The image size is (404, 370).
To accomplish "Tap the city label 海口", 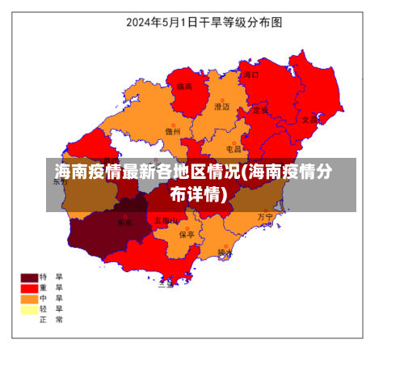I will (251, 74).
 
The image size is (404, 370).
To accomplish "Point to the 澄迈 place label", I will (221, 106).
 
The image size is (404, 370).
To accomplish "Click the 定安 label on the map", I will (260, 110).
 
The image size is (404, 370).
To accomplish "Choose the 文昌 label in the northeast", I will (310, 119).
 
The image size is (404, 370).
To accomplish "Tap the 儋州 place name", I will (172, 131).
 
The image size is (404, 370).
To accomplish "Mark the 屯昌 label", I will (233, 149).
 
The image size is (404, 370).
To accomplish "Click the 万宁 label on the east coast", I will (265, 217).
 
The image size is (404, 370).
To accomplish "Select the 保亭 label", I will (187, 235).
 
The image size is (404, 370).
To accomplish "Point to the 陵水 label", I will (225, 253).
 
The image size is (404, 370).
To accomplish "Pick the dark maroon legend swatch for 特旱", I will (31, 277).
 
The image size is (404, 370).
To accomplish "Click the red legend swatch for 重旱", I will (31, 287).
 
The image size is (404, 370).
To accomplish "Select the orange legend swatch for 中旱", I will (31, 298).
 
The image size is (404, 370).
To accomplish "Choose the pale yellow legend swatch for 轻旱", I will (31, 308).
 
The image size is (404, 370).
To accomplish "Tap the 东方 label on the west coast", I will (61, 182).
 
